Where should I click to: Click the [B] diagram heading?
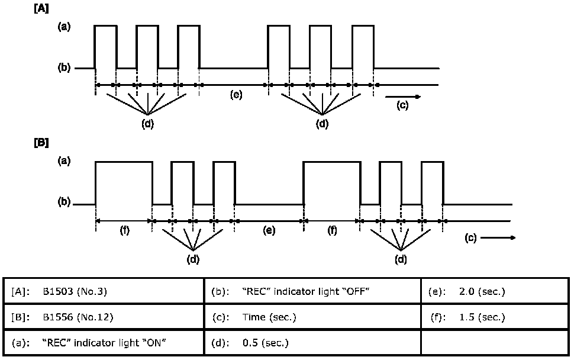click(42, 143)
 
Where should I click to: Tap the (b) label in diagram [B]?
click(64, 202)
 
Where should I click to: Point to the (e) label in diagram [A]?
click(236, 95)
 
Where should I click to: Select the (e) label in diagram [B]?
click(269, 230)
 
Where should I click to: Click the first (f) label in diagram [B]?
click(125, 230)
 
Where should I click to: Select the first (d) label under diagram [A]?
click(147, 124)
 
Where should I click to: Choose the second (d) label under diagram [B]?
click(401, 259)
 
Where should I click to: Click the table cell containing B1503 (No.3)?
click(107, 291)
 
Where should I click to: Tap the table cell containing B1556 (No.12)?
click(107, 317)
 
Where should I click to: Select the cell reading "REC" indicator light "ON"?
click(107, 343)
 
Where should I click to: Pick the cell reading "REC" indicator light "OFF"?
click(312, 291)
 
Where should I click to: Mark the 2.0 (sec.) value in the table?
click(482, 291)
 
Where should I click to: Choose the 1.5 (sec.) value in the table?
click(482, 317)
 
